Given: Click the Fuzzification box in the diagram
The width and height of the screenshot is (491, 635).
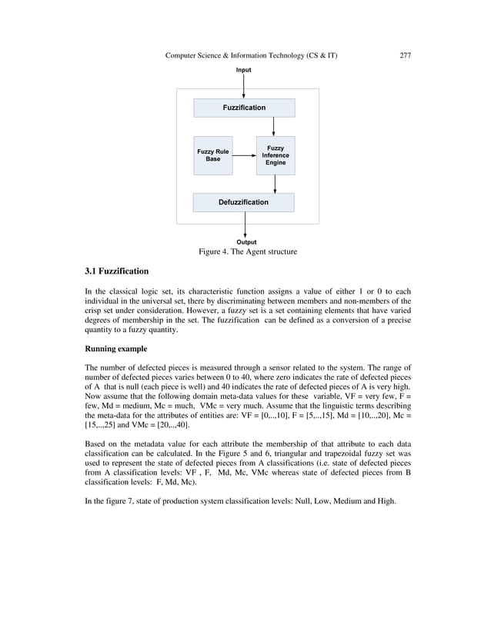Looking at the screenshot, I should pyautogui.click(x=244, y=108).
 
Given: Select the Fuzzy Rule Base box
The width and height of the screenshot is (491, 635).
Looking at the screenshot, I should pyautogui.click(x=213, y=155).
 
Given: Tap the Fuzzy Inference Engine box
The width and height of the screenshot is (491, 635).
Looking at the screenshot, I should pyautogui.click(x=276, y=155).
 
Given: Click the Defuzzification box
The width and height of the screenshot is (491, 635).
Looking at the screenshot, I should pyautogui.click(x=244, y=202).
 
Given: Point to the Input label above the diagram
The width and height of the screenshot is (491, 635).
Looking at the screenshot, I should pyautogui.click(x=243, y=70).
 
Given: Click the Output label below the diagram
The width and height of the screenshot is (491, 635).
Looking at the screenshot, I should pyautogui.click(x=246, y=242).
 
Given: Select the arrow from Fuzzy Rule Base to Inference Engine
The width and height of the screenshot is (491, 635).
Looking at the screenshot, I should pyautogui.click(x=244, y=155).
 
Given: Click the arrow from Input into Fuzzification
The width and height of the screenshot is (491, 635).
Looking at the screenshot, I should pyautogui.click(x=244, y=86).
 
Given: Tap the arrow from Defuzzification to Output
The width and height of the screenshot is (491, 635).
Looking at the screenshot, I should pyautogui.click(x=245, y=224).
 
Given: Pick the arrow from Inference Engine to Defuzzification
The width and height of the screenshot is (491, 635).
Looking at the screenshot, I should pyautogui.click(x=276, y=184).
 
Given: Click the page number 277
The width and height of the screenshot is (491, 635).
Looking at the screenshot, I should pyautogui.click(x=406, y=55).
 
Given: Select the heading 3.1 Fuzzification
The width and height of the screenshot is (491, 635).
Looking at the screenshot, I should pyautogui.click(x=116, y=271).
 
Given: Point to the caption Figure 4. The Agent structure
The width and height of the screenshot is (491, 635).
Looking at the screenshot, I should pyautogui.click(x=247, y=252).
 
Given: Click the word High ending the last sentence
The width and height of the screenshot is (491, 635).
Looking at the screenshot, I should pyautogui.click(x=385, y=500).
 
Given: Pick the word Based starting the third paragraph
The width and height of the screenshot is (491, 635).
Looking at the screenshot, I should pyautogui.click(x=96, y=444).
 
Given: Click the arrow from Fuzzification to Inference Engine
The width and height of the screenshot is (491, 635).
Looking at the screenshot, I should pyautogui.click(x=274, y=126).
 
